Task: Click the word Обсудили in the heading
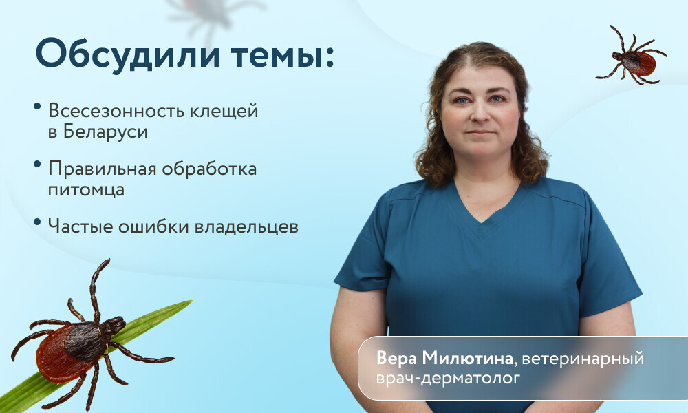pyautogui.click(x=128, y=53)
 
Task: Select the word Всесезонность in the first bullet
pyautogui.click(x=116, y=111)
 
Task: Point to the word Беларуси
pyautogui.click(x=105, y=132)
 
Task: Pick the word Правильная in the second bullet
pyautogui.click(x=103, y=169)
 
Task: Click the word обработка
pyautogui.click(x=209, y=168)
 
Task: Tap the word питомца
pyautogui.click(x=86, y=190)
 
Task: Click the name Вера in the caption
pyautogui.click(x=396, y=359)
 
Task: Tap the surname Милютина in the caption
pyautogui.click(x=468, y=359)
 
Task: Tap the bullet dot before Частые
pyautogui.click(x=37, y=222)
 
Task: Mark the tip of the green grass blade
pyautogui.click(x=192, y=301)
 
